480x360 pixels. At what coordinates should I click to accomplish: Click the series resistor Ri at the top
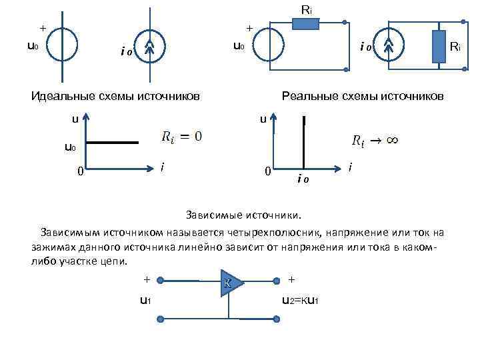(306, 23)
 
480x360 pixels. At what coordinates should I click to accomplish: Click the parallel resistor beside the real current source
(439, 47)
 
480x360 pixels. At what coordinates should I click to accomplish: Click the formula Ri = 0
(182, 136)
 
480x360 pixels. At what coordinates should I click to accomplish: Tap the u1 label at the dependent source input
(145, 300)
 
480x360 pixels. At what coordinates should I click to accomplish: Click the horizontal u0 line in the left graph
(114, 142)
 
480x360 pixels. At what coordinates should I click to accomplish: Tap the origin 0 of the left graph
(80, 172)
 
